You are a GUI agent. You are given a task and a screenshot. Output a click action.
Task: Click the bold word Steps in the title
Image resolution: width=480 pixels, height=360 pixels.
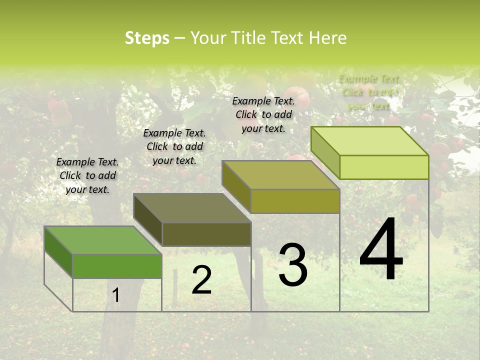click(x=147, y=38)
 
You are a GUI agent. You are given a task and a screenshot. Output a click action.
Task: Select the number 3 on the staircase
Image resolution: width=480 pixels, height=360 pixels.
click(x=292, y=265)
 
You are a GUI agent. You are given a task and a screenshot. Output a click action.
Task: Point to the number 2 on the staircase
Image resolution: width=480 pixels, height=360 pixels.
click(x=201, y=280)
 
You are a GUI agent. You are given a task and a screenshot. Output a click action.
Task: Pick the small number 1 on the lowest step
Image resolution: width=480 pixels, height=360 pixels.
click(x=115, y=295)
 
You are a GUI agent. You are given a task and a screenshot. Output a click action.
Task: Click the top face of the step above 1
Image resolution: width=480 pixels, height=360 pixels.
click(x=102, y=240)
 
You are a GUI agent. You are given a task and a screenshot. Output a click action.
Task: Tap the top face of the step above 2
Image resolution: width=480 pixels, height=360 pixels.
click(x=192, y=208)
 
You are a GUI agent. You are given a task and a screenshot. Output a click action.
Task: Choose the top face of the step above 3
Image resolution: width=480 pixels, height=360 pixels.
click(x=281, y=175)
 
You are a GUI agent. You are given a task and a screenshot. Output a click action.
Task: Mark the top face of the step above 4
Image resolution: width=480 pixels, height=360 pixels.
click(x=370, y=141)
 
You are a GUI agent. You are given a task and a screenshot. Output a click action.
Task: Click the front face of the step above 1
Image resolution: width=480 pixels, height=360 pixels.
click(x=117, y=266)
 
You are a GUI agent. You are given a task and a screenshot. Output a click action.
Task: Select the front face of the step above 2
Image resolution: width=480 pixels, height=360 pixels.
click(x=206, y=234)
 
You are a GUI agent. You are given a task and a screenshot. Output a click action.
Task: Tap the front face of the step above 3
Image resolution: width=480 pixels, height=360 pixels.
click(x=295, y=201)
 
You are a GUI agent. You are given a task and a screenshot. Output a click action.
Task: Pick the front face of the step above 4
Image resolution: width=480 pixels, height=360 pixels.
click(x=384, y=167)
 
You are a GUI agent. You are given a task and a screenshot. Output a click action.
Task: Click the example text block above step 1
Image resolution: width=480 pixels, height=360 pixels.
click(x=87, y=175)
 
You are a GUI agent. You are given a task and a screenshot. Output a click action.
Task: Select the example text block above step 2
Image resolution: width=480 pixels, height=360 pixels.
click(x=174, y=146)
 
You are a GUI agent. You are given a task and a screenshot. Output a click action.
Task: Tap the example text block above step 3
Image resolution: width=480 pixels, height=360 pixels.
click(x=263, y=114)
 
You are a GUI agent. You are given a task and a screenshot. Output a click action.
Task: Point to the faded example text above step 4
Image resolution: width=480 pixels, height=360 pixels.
click(x=369, y=92)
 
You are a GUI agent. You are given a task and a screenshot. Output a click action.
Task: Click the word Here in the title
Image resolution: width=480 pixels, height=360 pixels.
click(x=328, y=38)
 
